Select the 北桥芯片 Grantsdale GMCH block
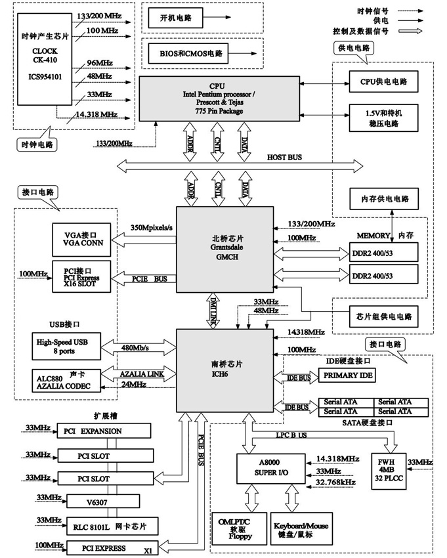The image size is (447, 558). click(224, 249)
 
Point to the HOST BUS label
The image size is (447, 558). click(286, 158)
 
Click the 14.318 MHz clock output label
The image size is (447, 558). click(96, 114)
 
